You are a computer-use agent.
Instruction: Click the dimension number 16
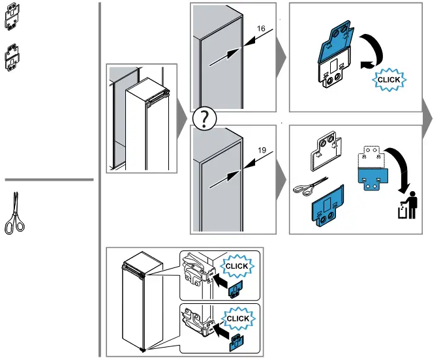pos(261,29)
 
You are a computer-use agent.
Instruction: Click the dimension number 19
pos(262,150)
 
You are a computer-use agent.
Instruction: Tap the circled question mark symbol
pos(204,119)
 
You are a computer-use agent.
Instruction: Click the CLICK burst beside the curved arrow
pos(389,80)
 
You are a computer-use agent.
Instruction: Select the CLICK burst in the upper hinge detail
pos(237,266)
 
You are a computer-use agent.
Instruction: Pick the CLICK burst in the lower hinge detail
pos(238,318)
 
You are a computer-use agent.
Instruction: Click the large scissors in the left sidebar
pos(14,213)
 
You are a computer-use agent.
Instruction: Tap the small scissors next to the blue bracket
pos(310,187)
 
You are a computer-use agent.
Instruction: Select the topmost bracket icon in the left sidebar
pos(12,16)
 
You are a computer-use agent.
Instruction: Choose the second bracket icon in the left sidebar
pos(12,57)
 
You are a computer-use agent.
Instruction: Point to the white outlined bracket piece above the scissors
pos(326,151)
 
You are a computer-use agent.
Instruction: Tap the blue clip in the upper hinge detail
pos(236,290)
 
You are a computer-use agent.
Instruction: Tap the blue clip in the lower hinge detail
pos(237,343)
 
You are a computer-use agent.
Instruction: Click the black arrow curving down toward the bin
pos(401,166)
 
